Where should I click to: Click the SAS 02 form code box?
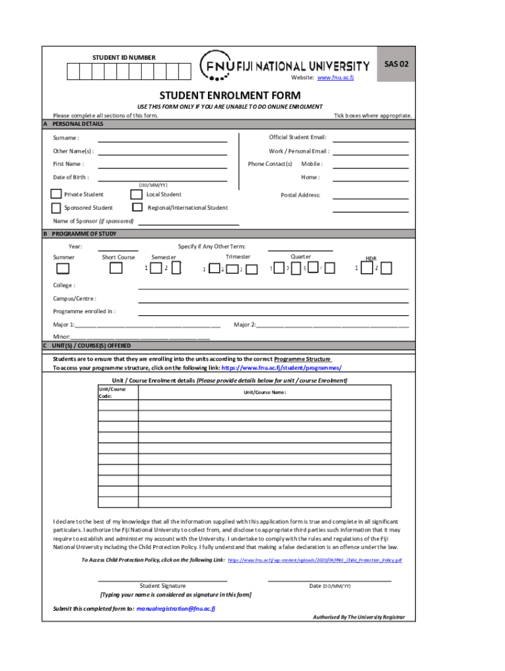click(x=396, y=64)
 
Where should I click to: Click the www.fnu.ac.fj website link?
click(x=335, y=78)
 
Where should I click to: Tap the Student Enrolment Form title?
click(x=230, y=96)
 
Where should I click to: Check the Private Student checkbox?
click(x=57, y=194)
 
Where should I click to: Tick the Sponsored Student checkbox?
click(x=57, y=208)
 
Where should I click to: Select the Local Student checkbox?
click(x=136, y=194)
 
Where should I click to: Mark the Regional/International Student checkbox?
click(x=137, y=208)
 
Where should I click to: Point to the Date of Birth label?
click(x=71, y=178)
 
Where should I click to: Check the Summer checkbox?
click(x=62, y=268)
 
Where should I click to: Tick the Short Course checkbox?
click(x=115, y=268)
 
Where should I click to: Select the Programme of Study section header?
click(x=85, y=233)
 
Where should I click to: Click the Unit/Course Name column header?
click(x=265, y=393)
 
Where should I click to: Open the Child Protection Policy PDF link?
click(x=315, y=561)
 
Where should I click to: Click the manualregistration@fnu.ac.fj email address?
click(x=176, y=609)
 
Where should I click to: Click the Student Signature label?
click(x=163, y=586)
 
